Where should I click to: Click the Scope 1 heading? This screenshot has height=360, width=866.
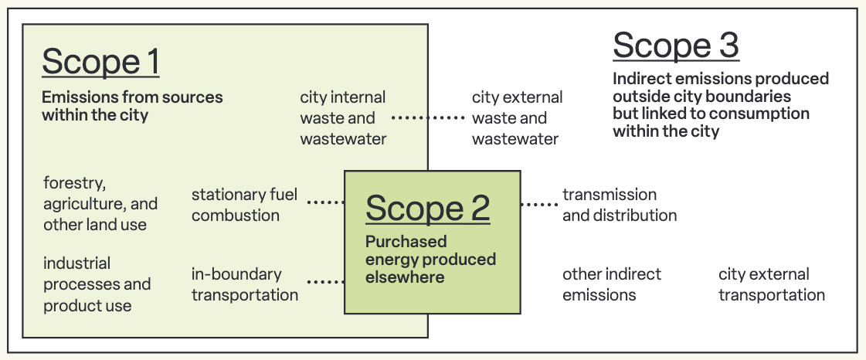point(100,62)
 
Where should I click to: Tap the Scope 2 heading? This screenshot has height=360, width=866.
point(427,208)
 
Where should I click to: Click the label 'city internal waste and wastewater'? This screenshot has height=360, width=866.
point(343,118)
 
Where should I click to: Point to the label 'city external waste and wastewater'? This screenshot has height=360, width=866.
point(517,118)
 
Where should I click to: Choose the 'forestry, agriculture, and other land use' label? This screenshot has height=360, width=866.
point(100,204)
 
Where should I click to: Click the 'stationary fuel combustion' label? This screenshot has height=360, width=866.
point(244,205)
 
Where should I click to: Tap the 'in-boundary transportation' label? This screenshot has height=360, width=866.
point(244,284)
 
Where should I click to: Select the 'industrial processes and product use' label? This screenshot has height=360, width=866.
point(97,284)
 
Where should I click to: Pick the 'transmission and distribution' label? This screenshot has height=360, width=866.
point(619,205)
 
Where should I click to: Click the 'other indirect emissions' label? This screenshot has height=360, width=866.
point(611,284)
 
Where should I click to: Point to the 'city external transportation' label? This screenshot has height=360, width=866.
point(771,284)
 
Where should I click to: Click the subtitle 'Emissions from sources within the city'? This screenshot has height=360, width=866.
point(132,106)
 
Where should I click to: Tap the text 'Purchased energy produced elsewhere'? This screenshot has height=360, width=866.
point(430,259)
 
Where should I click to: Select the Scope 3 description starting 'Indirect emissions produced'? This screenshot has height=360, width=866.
point(720,105)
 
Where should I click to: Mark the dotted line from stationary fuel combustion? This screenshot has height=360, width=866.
point(325,203)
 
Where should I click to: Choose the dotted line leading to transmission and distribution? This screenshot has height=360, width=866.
point(538,205)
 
